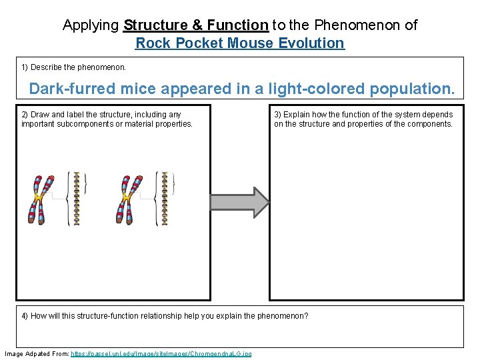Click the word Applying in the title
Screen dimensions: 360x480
point(91,25)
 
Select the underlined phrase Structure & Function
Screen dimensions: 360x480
point(196,25)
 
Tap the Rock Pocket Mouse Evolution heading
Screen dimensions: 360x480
point(240,43)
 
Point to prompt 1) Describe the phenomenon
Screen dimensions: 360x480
point(73,67)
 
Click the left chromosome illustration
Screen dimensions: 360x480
point(40,199)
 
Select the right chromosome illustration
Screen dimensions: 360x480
point(129,199)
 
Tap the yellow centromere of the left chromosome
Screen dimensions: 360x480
point(39,198)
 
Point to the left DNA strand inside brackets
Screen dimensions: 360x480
point(77,198)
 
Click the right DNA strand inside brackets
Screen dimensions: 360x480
point(165,198)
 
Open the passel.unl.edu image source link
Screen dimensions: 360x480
point(161,353)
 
